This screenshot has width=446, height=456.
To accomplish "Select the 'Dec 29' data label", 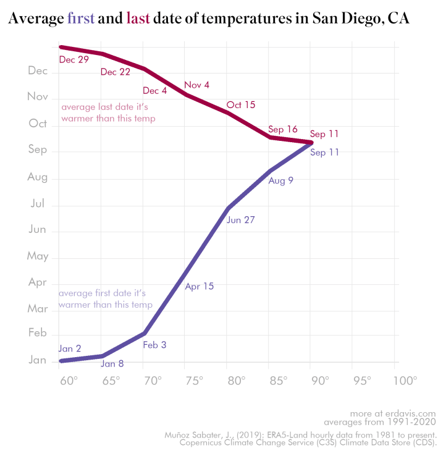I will tap(74, 59).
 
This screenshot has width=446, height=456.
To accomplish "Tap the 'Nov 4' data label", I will tap(196, 85).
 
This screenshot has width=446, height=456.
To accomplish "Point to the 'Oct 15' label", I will tap(241, 104).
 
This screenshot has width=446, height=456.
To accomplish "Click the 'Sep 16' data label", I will tap(283, 129).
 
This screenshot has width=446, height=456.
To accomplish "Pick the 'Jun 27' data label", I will tap(241, 219).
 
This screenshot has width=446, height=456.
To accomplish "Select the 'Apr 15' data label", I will tap(199, 286).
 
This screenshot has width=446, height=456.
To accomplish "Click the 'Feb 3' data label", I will tap(154, 345).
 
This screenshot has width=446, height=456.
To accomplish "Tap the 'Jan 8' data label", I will tap(112, 363).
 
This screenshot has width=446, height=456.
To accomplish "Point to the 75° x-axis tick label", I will tap(194, 380).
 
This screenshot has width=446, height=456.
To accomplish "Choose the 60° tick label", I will tap(68, 380).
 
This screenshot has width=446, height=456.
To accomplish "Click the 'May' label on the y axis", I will tap(38, 256).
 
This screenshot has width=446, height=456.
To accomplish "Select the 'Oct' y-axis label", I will tap(38, 124).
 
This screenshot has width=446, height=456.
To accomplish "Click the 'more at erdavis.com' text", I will tap(393, 413).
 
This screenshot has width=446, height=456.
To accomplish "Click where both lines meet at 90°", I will tap(311, 143).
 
